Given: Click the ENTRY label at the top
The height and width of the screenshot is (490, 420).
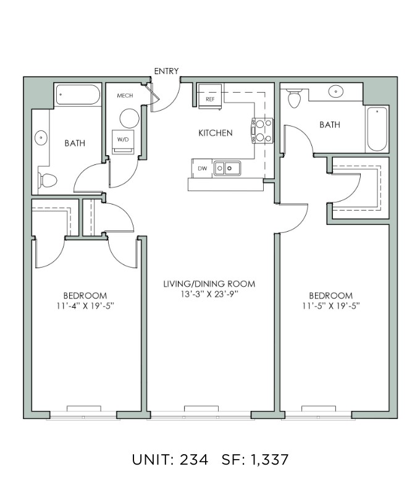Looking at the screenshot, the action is (x=166, y=71).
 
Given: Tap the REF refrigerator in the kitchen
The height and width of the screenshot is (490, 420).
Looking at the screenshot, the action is (x=210, y=96).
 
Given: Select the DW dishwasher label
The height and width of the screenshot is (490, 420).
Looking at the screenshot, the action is (x=203, y=169).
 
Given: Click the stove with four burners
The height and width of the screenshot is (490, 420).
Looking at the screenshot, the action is (x=262, y=130).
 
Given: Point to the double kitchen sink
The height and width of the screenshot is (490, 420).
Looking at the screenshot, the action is (x=227, y=168).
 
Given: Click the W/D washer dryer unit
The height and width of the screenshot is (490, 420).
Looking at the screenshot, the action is (x=123, y=142).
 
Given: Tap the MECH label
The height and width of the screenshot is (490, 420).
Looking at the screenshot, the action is (x=125, y=96).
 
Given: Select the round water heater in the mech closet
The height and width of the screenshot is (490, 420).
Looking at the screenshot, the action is (x=129, y=118).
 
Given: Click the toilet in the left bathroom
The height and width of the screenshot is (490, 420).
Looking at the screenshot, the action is (x=48, y=180).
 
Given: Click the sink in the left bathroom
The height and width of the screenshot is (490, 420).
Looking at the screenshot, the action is (x=41, y=138).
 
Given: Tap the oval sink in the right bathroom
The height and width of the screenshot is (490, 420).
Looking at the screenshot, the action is (x=335, y=91).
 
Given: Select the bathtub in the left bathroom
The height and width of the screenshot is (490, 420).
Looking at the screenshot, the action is (x=78, y=95).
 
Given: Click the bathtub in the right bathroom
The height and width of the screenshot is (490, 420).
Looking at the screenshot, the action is (x=377, y=129).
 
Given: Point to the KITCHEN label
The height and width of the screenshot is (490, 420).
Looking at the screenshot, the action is (x=216, y=133).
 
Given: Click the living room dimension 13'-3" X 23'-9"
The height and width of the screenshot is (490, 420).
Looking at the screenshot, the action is (x=209, y=294).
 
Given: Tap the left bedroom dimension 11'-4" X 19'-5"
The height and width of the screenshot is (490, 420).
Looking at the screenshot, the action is (x=85, y=306).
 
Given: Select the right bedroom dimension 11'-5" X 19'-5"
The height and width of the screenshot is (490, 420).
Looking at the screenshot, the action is (x=330, y=306).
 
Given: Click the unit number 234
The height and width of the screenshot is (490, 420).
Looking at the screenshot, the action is (x=193, y=460).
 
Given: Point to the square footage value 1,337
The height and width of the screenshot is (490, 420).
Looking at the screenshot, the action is (x=269, y=460).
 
